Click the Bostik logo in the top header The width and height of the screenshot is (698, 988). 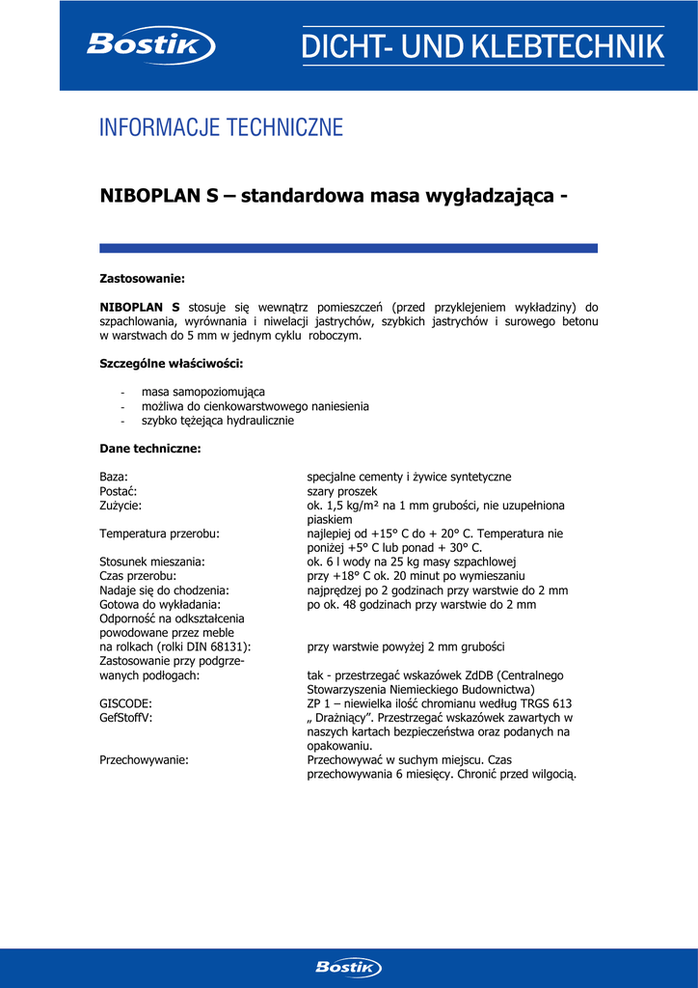(149, 45)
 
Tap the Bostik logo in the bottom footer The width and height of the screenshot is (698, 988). (348, 967)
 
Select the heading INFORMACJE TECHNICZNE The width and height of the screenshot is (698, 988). (221, 127)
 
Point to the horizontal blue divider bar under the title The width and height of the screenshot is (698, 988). (348, 248)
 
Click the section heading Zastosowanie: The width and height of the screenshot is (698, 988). (142, 279)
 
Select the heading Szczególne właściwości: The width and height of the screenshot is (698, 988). (172, 364)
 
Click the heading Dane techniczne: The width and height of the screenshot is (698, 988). (150, 449)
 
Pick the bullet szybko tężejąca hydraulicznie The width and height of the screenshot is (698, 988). (218, 421)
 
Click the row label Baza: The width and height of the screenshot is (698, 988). (114, 477)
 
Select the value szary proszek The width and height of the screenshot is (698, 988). (342, 491)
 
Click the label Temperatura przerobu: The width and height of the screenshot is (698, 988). (159, 534)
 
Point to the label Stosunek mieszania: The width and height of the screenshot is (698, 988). (152, 562)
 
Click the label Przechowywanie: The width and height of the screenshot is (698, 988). (144, 760)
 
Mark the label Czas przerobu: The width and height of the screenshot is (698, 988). (137, 576)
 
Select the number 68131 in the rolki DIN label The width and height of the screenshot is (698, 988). (229, 647)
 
